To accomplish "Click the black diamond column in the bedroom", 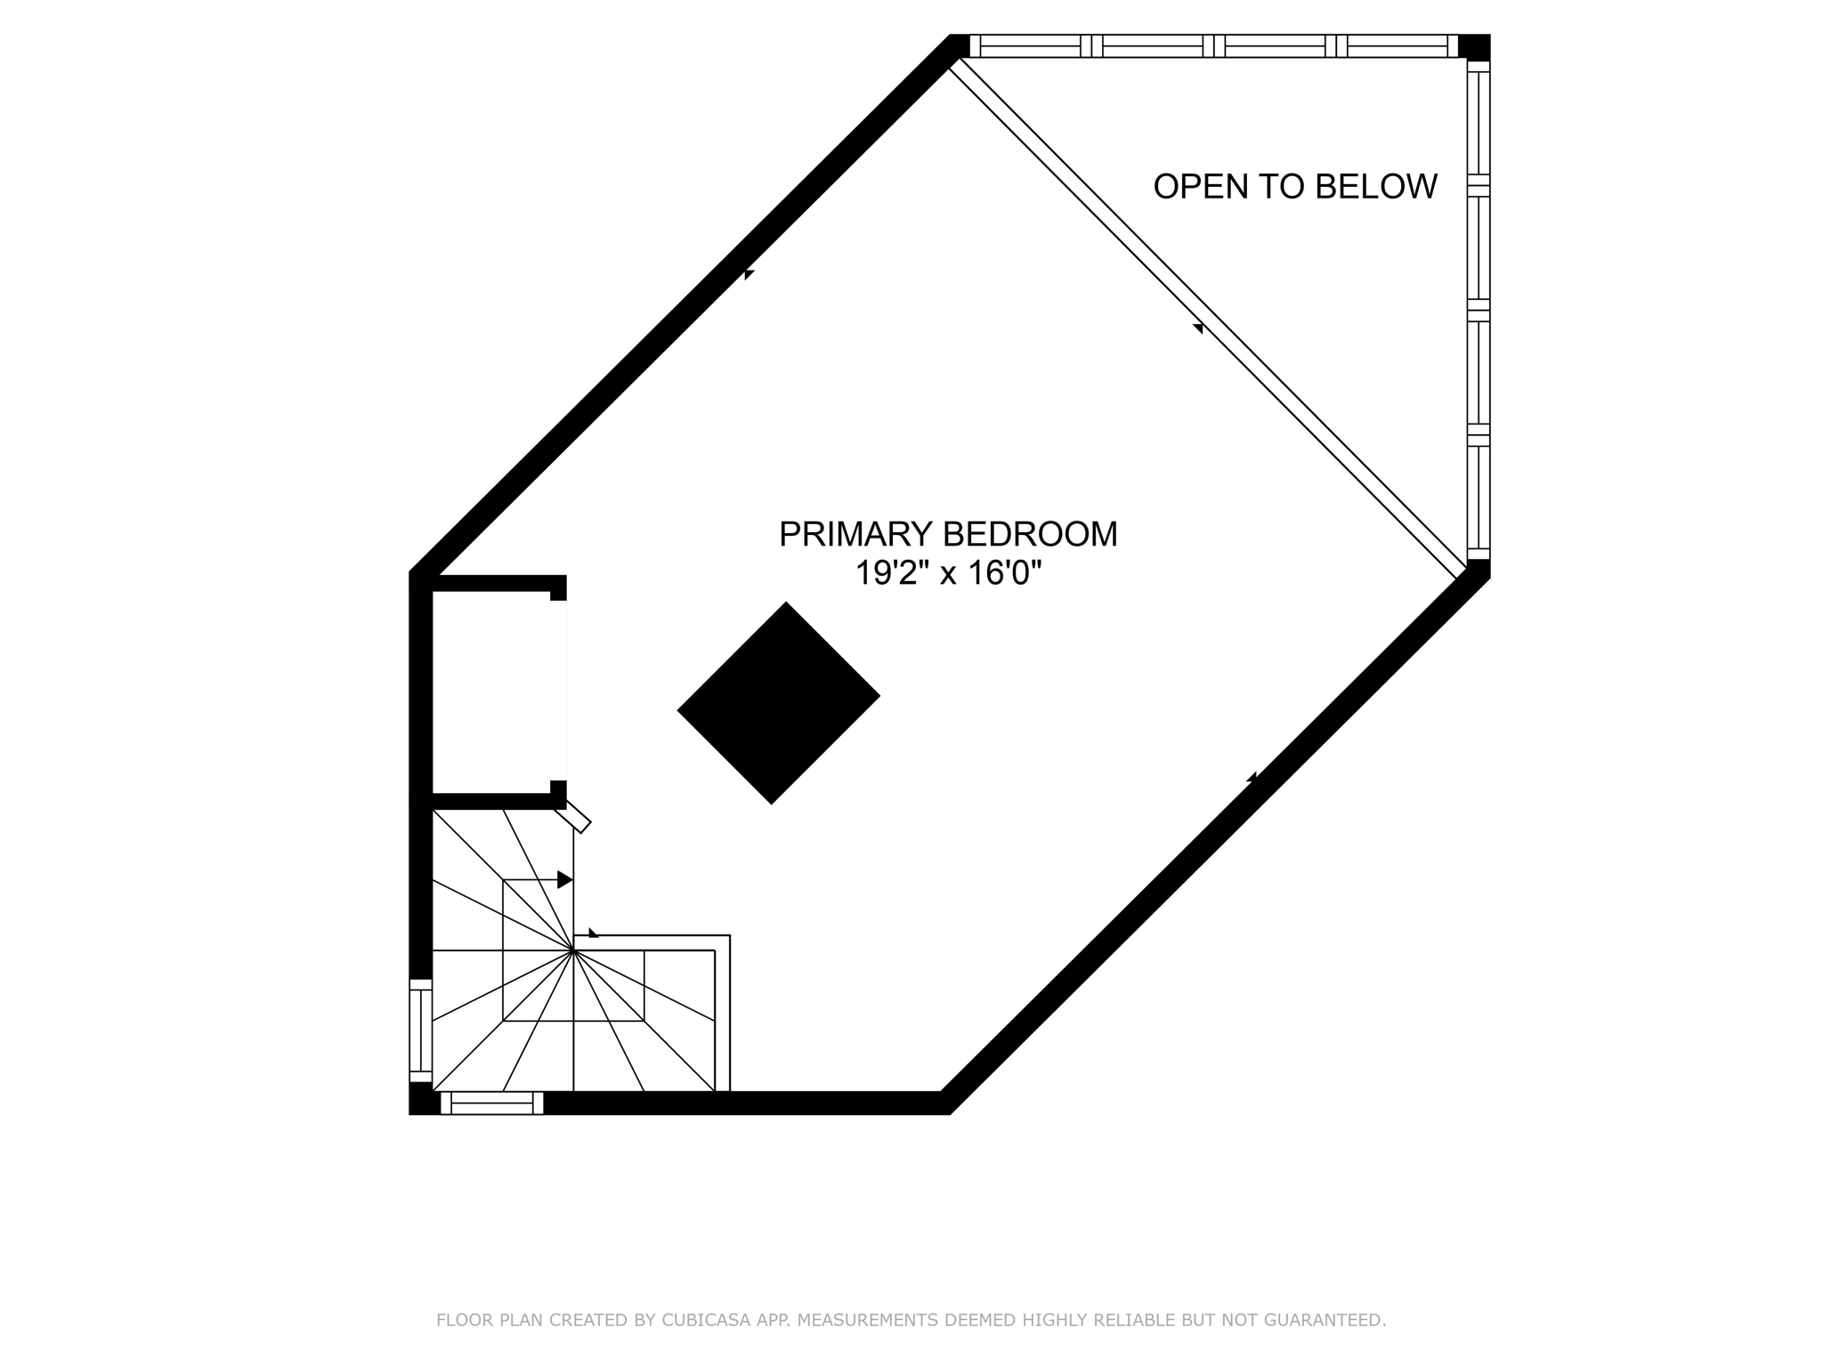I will (x=778, y=703).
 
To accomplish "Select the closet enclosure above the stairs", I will (x=490, y=692).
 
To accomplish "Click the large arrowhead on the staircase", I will (x=564, y=879).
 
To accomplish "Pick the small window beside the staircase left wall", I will (x=420, y=1031).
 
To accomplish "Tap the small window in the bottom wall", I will (x=491, y=1104).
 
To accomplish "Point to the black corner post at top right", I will (x=1475, y=46).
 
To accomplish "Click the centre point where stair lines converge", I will (x=574, y=950).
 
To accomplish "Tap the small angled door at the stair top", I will (x=573, y=815).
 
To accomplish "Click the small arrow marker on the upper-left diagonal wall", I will (x=749, y=274).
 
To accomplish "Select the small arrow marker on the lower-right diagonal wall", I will (x=1252, y=778).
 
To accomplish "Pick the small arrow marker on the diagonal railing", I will (x=1198, y=328).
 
